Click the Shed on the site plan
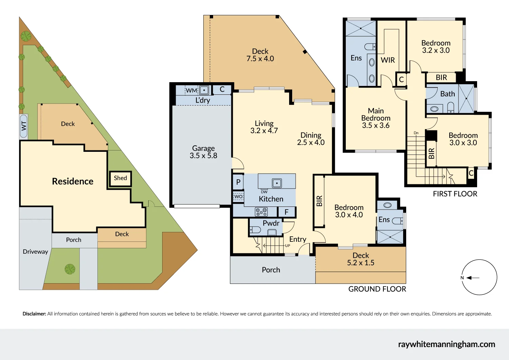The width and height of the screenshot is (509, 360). click(x=120, y=178)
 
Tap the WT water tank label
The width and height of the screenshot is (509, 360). click(x=24, y=126)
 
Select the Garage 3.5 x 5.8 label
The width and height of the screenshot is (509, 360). click(x=203, y=152)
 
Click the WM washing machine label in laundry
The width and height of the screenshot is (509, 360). click(x=191, y=90)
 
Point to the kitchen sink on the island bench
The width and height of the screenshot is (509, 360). click(x=277, y=183)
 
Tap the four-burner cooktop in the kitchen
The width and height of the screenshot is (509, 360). click(x=261, y=212)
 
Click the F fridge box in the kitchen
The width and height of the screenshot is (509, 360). click(x=286, y=212)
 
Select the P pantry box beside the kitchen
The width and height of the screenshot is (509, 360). click(x=238, y=182)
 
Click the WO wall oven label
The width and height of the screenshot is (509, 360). click(x=239, y=197)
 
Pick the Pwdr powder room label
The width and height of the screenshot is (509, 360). click(x=271, y=223)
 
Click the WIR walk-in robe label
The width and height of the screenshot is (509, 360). click(x=388, y=60)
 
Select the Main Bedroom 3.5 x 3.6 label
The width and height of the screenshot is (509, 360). click(x=376, y=118)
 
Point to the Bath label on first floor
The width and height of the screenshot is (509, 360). click(x=447, y=94)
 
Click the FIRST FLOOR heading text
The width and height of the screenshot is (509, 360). click(x=455, y=194)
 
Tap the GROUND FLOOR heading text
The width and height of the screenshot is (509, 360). click(x=377, y=289)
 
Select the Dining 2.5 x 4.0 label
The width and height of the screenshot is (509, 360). click(x=311, y=139)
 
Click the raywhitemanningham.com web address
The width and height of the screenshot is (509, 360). click(x=446, y=344)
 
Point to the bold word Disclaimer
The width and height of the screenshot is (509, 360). click(x=34, y=314)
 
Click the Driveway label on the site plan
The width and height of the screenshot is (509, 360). click(x=35, y=252)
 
